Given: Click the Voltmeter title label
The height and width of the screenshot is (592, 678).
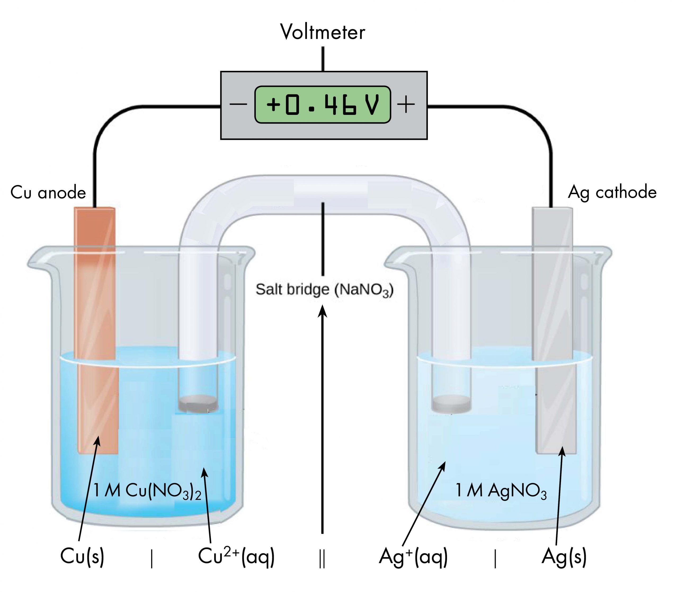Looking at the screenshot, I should [323, 32].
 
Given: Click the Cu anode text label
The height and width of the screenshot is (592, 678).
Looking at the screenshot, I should [48, 192].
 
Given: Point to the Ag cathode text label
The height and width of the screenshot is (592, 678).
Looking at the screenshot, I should [612, 192].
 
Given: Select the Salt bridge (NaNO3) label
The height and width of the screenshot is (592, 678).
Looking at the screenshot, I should [324, 290].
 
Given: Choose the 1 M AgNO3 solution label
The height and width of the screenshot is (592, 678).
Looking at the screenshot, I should [501, 491].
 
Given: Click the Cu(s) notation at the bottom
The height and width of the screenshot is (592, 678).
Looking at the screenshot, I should [82, 556].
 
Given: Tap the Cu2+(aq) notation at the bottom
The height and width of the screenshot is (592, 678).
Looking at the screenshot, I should [236, 556].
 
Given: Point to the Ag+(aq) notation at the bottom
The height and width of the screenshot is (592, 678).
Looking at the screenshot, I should [413, 556].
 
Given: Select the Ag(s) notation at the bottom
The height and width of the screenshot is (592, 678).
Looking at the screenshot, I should [564, 556].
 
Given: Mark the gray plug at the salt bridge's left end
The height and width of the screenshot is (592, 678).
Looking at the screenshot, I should [198, 403].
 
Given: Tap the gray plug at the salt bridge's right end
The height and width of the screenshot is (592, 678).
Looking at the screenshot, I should [451, 404].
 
